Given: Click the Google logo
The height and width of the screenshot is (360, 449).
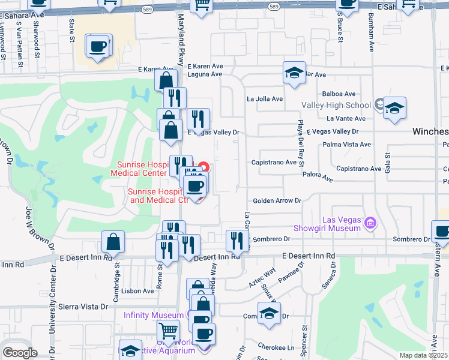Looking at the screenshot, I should pyautogui.click(x=20, y=353).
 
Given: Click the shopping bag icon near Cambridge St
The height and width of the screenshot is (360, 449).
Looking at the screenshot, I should pyautogui.click(x=113, y=242).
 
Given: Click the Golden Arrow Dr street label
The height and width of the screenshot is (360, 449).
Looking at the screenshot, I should pyautogui.click(x=277, y=201).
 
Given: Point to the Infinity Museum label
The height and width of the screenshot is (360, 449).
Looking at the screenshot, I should pyautogui.click(x=154, y=315).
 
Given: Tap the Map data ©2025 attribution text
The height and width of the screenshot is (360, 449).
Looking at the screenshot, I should pyautogui.click(x=423, y=355).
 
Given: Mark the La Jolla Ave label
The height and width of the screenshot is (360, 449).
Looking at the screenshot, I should pyautogui.click(x=265, y=99).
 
